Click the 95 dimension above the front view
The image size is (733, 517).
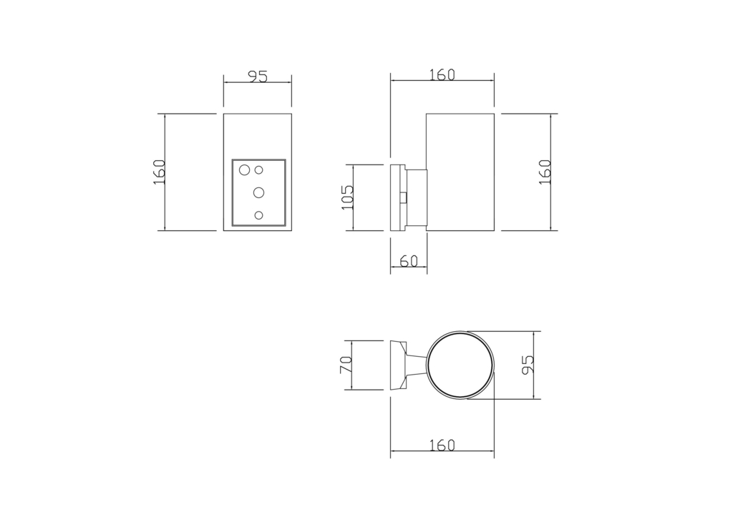point(258,76)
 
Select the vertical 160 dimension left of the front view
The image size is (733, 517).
point(160,172)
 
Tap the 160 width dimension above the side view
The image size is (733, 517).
point(442,74)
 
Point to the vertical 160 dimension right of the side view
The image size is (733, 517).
point(545,172)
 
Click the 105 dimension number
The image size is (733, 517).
point(348,197)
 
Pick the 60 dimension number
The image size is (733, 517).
point(409,262)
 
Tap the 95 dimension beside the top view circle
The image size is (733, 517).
point(528,365)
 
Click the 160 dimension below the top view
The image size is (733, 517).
point(442,445)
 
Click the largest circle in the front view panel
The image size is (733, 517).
point(245,170)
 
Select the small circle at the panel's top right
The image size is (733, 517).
point(259,170)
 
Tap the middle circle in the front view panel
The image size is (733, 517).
point(259,192)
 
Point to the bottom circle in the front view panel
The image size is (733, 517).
point(259,215)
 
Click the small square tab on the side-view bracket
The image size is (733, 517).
point(404,197)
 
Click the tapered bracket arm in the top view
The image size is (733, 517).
point(415,365)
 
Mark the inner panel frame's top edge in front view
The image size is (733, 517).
point(259,160)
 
